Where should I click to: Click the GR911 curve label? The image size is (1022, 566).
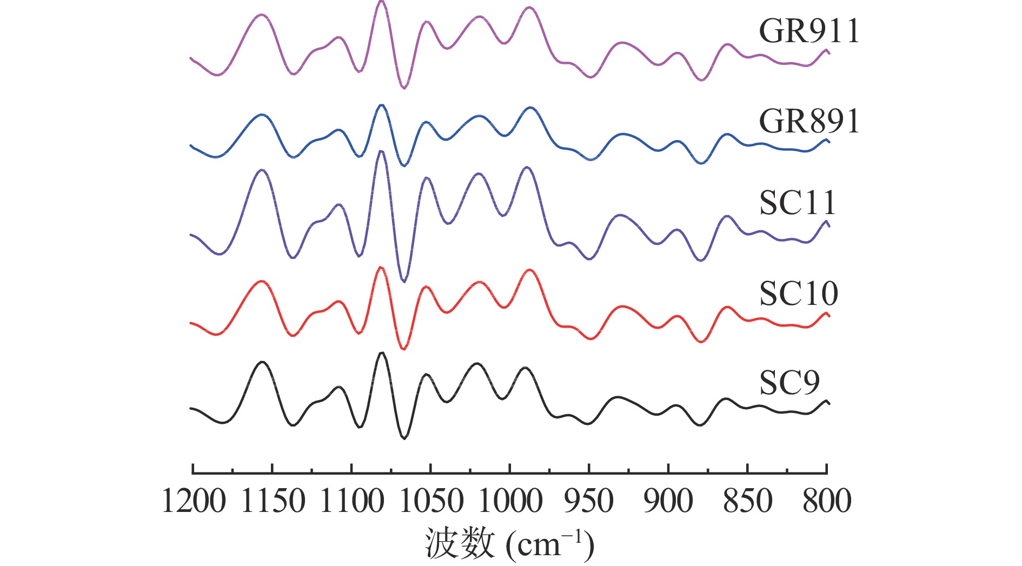coord(809,31)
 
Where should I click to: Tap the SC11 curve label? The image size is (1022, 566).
coord(798,203)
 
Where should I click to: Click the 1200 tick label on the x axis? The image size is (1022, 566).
coord(194,501)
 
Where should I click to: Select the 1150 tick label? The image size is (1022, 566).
coord(273,501)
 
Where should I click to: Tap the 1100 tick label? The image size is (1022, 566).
coord(352,501)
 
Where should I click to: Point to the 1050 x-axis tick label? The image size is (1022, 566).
coord(432,501)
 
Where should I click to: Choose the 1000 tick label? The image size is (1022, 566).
coord(510,501)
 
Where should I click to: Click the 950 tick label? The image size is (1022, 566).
coord(589,501)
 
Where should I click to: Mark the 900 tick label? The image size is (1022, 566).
coord(668,501)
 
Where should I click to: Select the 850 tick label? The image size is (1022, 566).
coord(748,501)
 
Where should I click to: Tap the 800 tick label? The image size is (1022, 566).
coord(827,501)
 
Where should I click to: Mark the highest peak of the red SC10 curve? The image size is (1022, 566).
coord(381,268)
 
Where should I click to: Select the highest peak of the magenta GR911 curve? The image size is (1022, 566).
coord(381,2)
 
